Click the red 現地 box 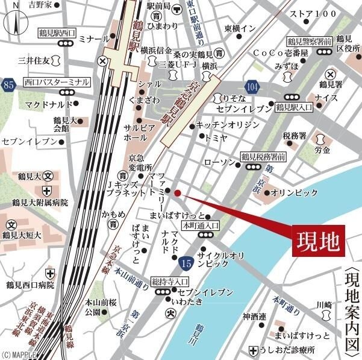click(317, 244)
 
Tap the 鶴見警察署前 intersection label click(308, 42)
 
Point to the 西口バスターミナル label click(57, 81)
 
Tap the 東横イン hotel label click(240, 28)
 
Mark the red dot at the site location click(177, 193)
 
